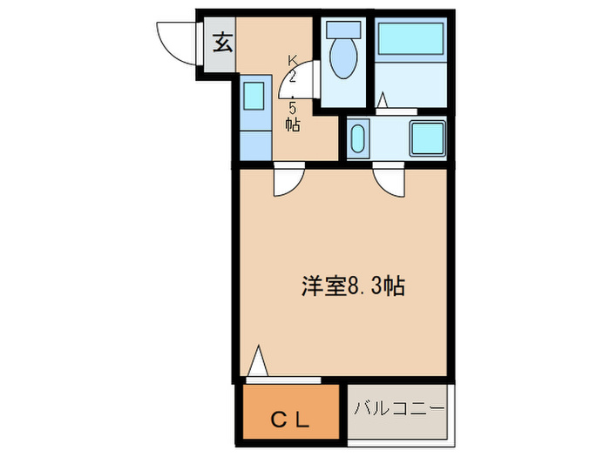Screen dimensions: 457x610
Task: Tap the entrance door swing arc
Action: (x=174, y=45)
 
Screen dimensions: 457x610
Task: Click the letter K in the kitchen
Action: (x=293, y=60)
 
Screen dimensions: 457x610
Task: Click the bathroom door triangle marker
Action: (x=383, y=102)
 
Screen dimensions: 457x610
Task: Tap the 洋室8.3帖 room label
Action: (x=352, y=286)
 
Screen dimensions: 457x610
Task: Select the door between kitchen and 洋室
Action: (x=286, y=180)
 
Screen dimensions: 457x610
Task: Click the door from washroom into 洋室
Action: (x=389, y=180)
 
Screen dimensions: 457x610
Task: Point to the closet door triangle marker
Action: (x=257, y=362)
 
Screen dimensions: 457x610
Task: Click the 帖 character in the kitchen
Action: (x=293, y=124)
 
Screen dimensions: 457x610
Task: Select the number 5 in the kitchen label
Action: (x=293, y=108)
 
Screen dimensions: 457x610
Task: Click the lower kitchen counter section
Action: (x=254, y=143)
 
